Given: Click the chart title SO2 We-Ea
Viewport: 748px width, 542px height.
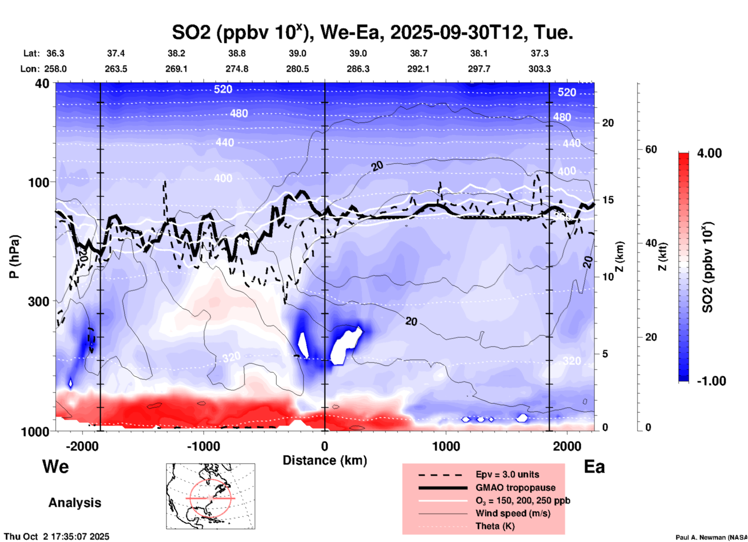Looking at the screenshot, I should [x=372, y=33].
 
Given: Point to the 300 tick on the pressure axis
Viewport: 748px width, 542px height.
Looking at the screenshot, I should [x=38, y=301].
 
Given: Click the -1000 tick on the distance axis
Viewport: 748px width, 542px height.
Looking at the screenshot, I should [x=203, y=446].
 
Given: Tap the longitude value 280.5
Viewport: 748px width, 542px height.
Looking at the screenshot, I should [x=297, y=69].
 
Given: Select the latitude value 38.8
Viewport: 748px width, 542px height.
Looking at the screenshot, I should [x=237, y=53].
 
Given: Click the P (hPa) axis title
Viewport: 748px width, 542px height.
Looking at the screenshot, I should [x=14, y=257].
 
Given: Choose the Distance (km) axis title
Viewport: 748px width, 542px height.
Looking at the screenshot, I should [x=325, y=460].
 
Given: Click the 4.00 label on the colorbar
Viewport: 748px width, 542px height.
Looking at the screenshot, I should [x=709, y=153].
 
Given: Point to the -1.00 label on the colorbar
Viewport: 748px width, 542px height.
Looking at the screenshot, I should [x=711, y=381].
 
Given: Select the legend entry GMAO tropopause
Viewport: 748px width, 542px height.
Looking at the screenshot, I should [x=515, y=488].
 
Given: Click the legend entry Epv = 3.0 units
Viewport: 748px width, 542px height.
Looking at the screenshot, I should [x=507, y=474].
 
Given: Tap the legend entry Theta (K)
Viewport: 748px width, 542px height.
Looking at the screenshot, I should [x=495, y=526].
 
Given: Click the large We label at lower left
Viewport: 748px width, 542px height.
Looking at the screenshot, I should [x=56, y=467].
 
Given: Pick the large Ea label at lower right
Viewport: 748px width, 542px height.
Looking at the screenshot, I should [x=594, y=467].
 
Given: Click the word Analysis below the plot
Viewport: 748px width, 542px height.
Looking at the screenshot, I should [x=75, y=503].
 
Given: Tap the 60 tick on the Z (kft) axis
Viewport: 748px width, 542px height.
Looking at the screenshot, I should [x=651, y=149].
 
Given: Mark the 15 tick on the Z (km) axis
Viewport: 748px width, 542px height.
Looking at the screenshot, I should [x=608, y=200].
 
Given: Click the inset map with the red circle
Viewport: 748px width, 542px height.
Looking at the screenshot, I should [x=210, y=496].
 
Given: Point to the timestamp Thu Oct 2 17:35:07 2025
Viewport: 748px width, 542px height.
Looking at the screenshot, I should [x=57, y=537].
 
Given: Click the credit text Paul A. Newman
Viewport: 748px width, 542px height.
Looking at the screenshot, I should [x=711, y=537].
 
